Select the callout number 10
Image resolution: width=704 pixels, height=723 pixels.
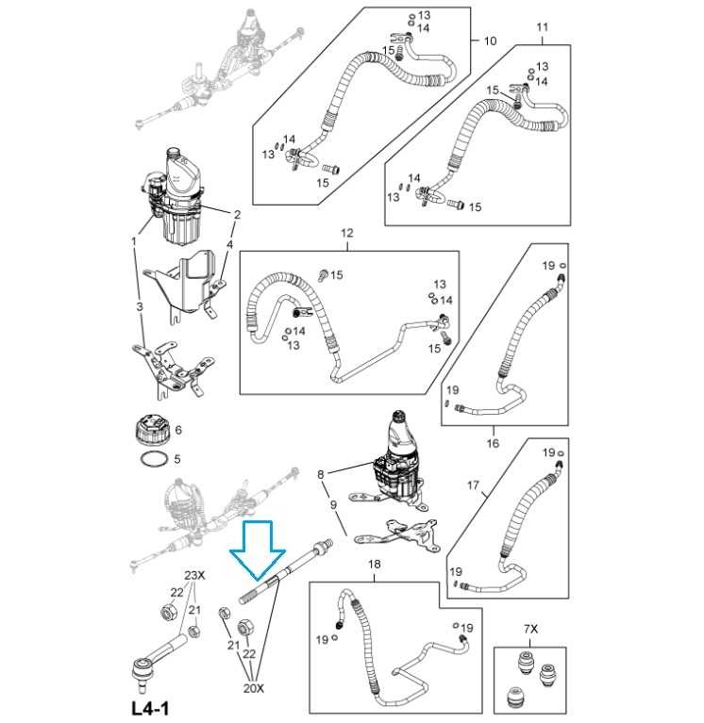[x=490, y=41]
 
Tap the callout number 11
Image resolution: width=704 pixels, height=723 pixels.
[x=542, y=27]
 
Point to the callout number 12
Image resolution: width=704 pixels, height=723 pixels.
[x=346, y=233]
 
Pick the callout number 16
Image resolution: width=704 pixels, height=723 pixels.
[x=493, y=442]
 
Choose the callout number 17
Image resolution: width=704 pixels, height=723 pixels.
[x=474, y=486]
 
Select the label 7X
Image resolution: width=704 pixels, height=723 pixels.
[x=530, y=628]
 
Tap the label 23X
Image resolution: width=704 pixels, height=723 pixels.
[x=193, y=575]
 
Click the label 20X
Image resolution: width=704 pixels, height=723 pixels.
[x=254, y=688]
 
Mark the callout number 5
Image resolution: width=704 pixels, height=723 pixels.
[x=176, y=460]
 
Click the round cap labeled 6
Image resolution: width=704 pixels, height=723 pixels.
[x=152, y=432]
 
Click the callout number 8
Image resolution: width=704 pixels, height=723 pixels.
[x=321, y=474]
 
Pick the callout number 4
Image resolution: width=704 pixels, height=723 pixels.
[x=228, y=245]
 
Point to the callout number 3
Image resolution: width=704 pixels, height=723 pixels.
[x=140, y=307]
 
